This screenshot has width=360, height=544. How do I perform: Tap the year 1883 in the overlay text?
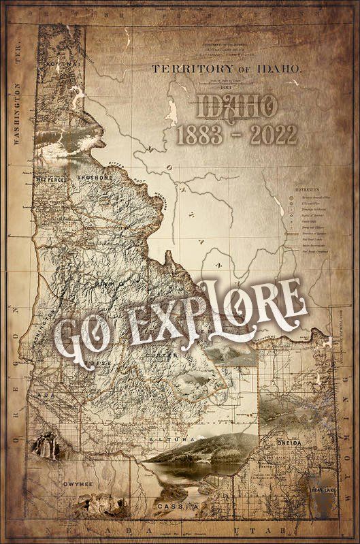(203, 135)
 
